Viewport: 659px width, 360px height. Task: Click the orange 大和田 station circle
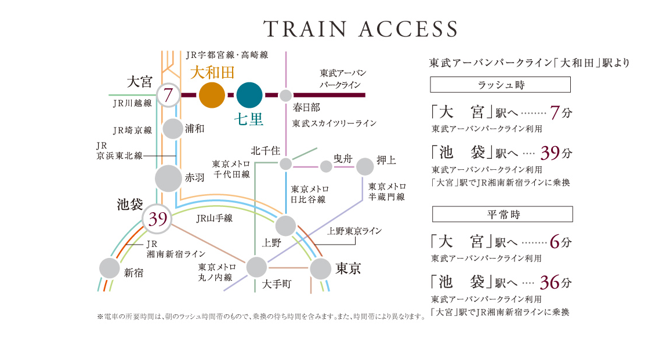point(212,96)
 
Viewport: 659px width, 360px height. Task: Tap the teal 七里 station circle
point(250,96)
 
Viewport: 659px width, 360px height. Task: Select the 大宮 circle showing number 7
point(168,95)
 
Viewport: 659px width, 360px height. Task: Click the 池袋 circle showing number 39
point(157,219)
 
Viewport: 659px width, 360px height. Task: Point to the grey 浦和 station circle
point(173,129)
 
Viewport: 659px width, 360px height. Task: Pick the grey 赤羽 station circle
point(169,179)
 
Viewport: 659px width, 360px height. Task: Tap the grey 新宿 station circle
point(109,268)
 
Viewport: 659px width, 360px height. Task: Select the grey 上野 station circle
point(285,226)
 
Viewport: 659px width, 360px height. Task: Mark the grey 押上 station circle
point(365,166)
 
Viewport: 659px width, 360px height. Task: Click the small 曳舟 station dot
point(326,167)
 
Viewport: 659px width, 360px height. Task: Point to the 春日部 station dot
point(285,96)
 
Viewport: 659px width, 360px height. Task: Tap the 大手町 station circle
point(256,267)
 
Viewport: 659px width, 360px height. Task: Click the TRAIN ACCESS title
point(360,29)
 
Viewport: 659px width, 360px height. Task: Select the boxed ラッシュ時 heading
point(500,85)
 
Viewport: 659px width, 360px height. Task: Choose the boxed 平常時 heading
point(503,214)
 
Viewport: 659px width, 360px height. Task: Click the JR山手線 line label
point(214,219)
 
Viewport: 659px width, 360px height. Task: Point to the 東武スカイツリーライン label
point(334,123)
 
